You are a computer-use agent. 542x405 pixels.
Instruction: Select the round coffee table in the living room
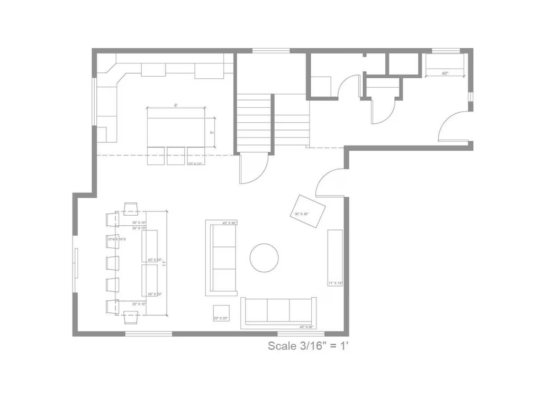[264, 257]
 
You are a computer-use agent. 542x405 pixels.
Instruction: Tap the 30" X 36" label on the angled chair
[301, 214]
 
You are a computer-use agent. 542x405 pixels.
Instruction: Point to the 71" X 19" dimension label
[336, 283]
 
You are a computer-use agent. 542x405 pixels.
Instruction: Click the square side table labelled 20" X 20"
[221, 314]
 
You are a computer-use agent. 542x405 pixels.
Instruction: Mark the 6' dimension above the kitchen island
[176, 105]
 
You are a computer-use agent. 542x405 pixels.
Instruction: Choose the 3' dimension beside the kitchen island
[211, 132]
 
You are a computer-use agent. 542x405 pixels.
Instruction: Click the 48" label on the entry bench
[445, 73]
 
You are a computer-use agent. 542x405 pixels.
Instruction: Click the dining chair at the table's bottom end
[131, 317]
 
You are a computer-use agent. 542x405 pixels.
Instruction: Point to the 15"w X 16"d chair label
[117, 240]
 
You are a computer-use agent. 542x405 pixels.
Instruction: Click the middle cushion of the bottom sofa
[278, 310]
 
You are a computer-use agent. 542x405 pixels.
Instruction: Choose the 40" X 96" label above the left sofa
[229, 223]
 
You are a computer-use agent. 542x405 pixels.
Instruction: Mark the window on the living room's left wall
[75, 270]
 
